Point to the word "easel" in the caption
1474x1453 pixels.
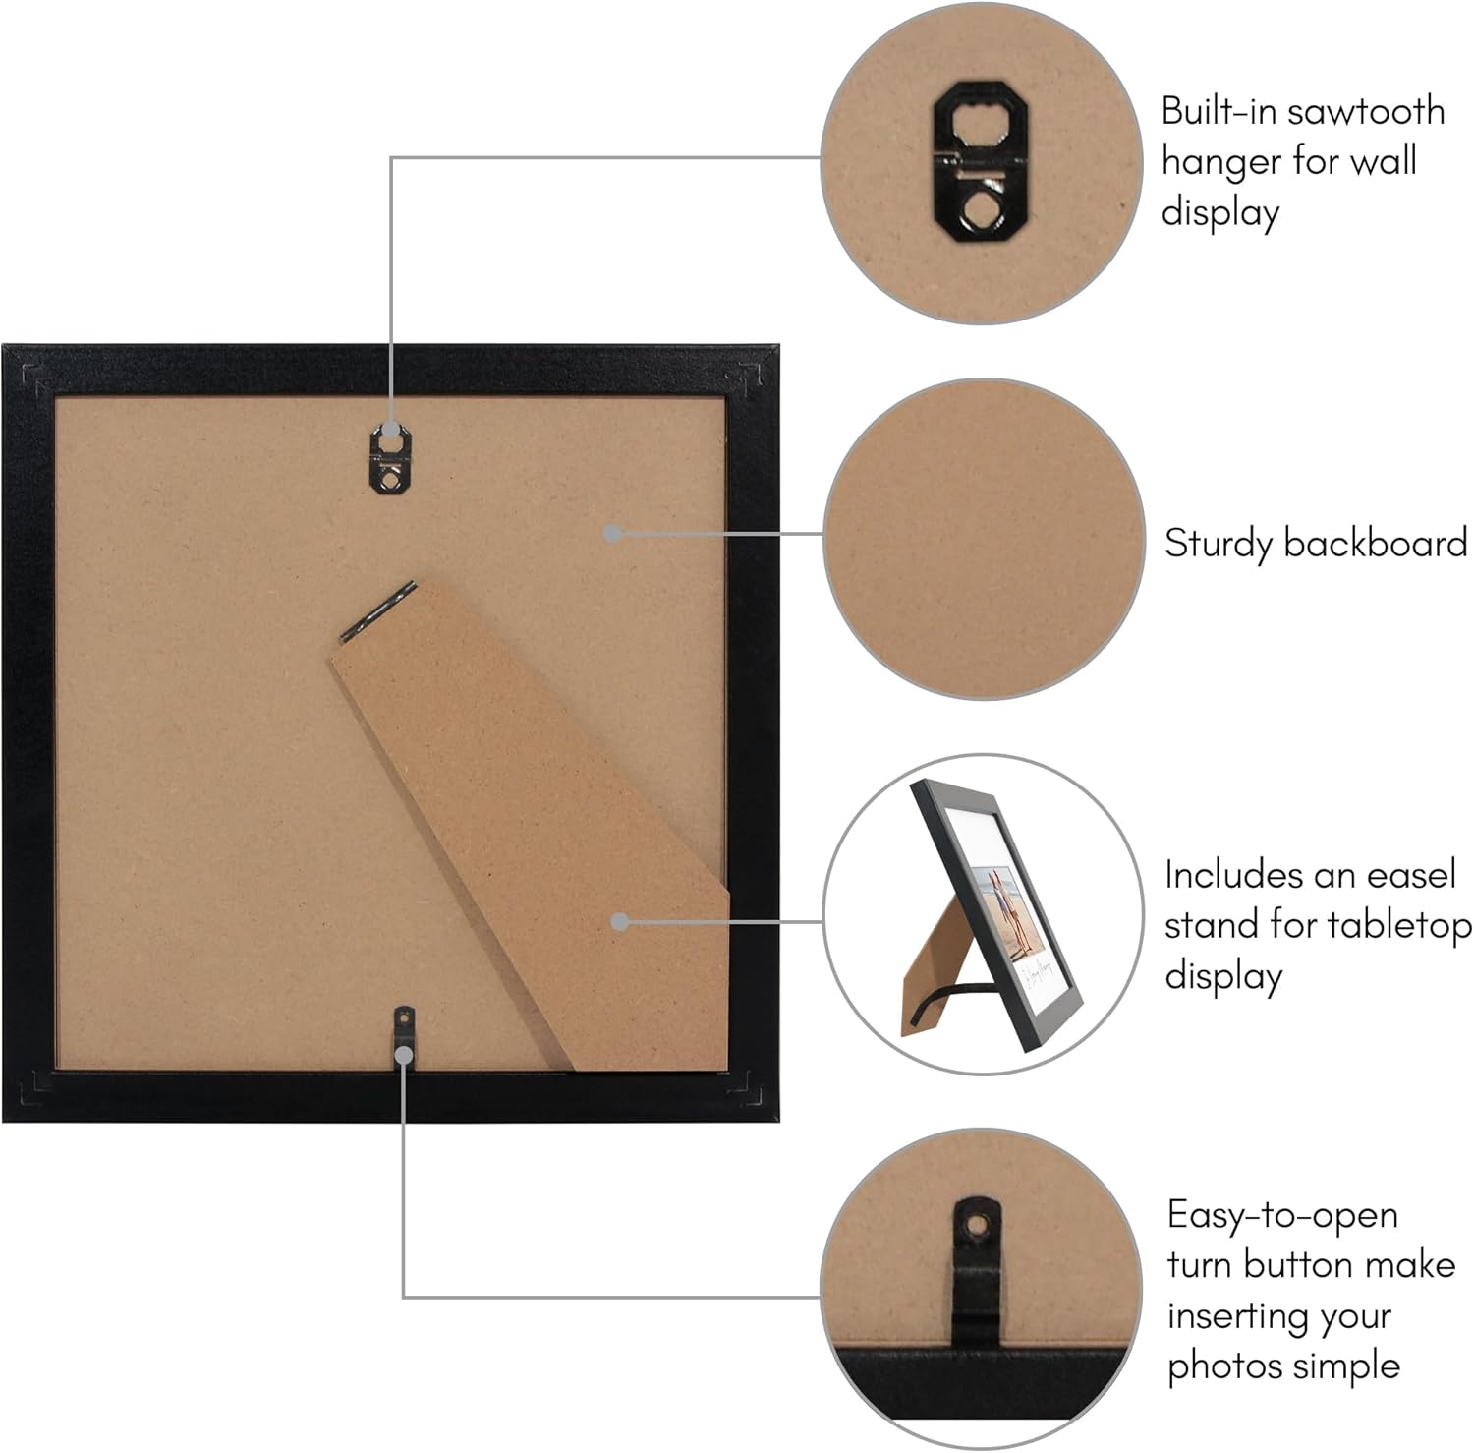(1402, 874)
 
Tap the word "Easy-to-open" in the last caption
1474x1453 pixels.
(1282, 1216)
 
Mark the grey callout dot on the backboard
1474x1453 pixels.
(612, 533)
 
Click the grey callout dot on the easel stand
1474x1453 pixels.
(619, 922)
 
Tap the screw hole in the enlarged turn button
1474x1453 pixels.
(976, 1225)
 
